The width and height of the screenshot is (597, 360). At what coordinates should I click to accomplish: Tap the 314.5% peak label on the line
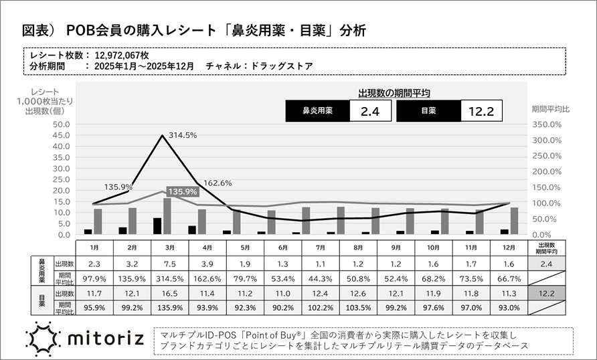(182, 135)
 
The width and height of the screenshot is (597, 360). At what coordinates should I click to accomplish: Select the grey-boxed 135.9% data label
(182, 191)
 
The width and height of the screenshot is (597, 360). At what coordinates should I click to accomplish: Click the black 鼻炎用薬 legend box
(317, 111)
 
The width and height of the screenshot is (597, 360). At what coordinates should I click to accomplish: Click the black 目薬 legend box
(428, 111)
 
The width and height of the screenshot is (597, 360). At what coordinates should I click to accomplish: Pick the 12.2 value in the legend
(481, 111)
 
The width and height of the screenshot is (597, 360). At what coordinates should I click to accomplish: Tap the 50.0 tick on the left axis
(60, 124)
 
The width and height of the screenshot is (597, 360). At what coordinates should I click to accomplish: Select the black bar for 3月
(157, 226)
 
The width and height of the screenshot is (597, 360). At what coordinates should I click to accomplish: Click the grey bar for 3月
(167, 216)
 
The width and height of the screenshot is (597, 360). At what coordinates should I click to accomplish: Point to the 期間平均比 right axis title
(550, 108)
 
